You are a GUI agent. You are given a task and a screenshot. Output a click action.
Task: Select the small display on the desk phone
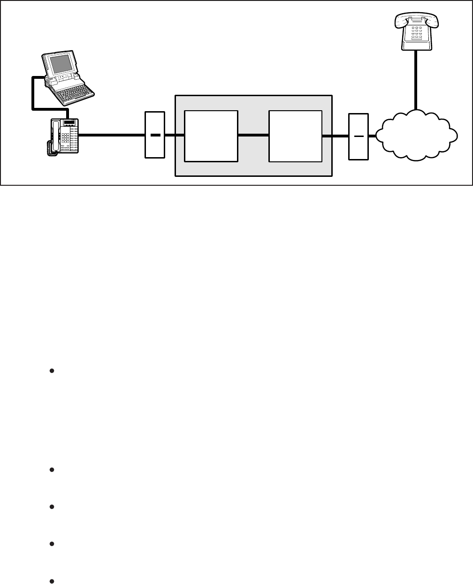click(69, 123)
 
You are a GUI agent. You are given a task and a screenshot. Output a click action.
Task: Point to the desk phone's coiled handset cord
click(49, 147)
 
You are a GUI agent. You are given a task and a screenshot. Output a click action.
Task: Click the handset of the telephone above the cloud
click(416, 19)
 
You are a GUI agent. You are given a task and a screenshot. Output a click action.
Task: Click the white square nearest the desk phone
click(211, 136)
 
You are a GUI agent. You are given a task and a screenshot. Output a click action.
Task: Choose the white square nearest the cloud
click(295, 136)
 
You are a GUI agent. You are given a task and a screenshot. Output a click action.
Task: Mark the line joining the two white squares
click(253, 136)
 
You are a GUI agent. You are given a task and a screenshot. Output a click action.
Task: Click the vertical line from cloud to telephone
click(416, 80)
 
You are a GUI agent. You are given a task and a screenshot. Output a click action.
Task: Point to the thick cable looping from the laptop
click(32, 94)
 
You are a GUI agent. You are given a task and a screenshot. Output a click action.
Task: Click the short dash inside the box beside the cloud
click(359, 136)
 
